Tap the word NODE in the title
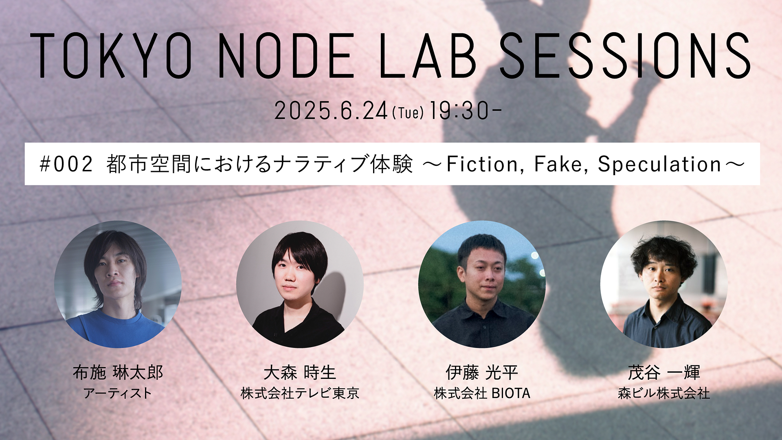(286, 55)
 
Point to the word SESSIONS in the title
(625, 55)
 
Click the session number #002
(66, 164)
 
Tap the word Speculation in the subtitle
(659, 165)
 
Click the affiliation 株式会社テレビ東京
(300, 393)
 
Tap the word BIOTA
(511, 393)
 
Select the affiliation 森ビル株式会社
(664, 393)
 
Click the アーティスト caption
(118, 393)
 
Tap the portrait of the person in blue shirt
(118, 284)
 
